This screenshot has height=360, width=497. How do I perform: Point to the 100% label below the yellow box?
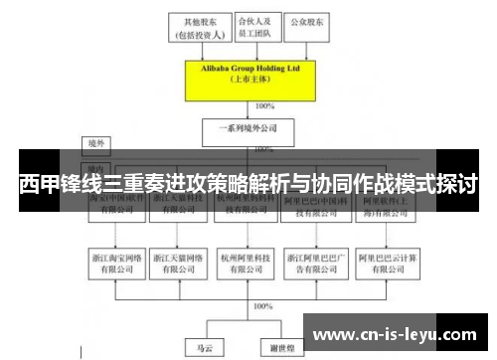coord(264,105)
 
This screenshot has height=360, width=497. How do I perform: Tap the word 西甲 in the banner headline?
coord(39,185)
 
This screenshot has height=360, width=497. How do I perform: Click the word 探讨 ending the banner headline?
coord(458,185)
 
